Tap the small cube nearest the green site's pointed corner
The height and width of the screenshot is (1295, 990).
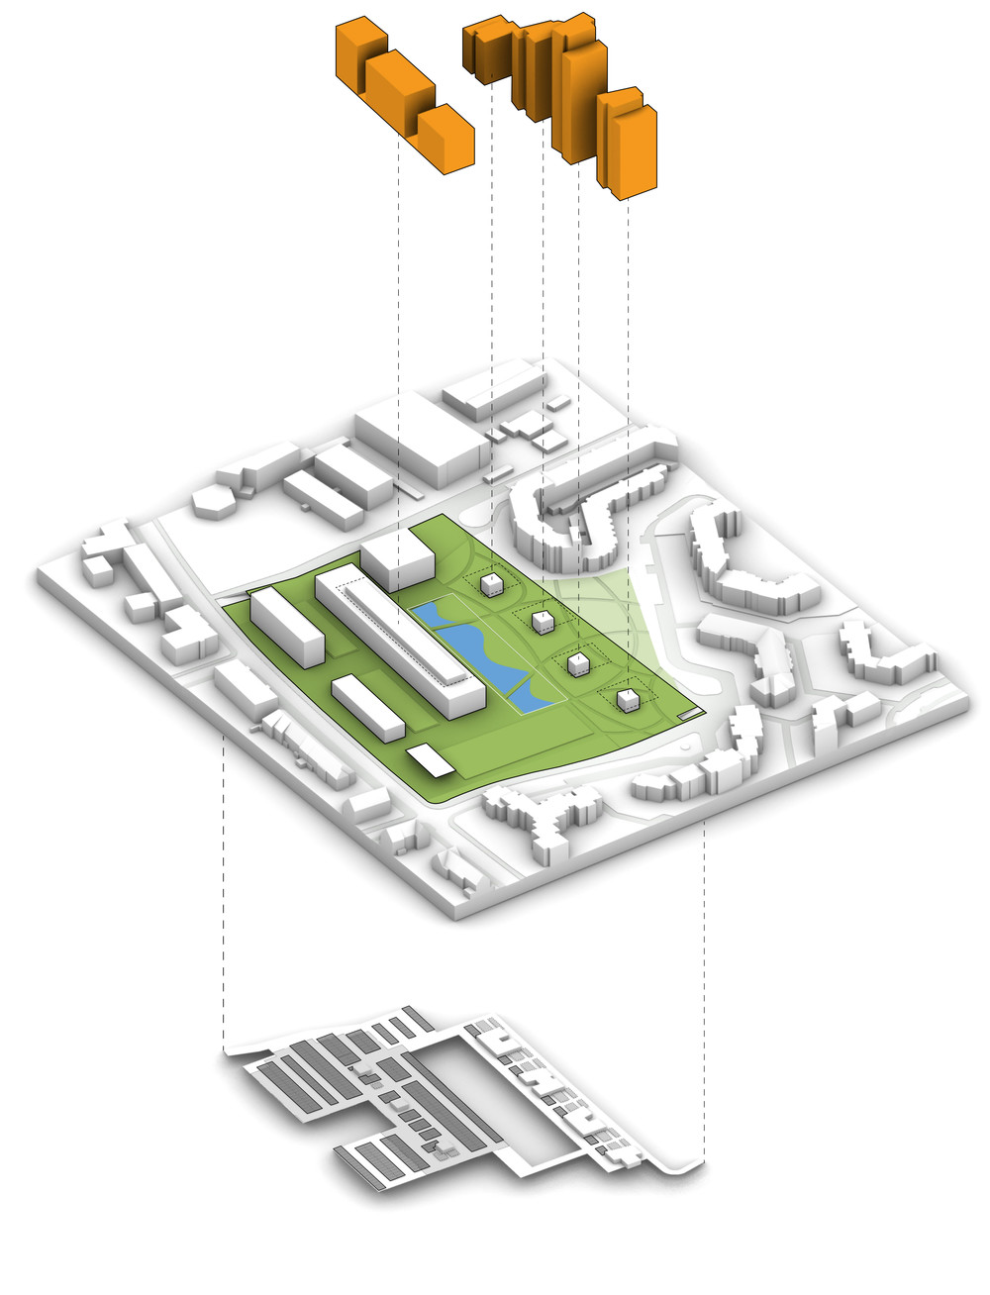click(x=626, y=701)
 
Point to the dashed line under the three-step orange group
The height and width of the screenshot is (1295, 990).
click(x=398, y=347)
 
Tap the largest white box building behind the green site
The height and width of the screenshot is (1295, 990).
click(x=421, y=441)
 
